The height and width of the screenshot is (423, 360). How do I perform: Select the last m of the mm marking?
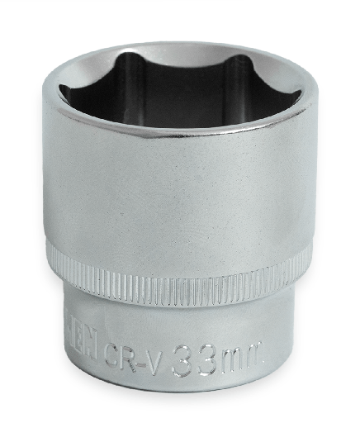[x=253, y=357]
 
